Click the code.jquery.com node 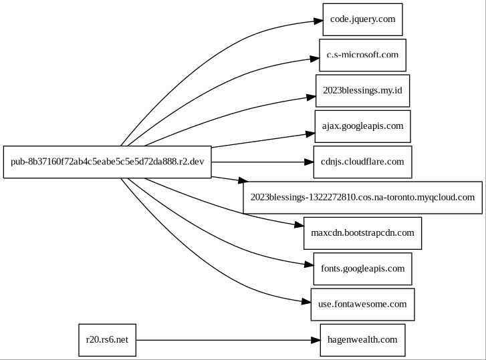362,19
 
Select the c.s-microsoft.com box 362,55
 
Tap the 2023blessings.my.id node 362,91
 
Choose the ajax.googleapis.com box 362,126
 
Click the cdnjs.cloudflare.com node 362,162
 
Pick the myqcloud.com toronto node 362,198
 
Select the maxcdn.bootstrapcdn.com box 362,233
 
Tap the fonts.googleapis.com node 362,268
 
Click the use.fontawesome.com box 362,305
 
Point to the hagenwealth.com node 362,340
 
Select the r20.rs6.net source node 107,340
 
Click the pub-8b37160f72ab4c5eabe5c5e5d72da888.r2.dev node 107,162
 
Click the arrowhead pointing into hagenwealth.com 316,340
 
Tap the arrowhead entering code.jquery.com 318,21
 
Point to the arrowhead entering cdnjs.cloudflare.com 309,162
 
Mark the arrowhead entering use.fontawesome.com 307,301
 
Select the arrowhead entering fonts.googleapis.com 309,264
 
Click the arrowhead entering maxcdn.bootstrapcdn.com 299,225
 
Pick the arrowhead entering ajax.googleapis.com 310,134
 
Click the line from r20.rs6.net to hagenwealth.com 223,340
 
